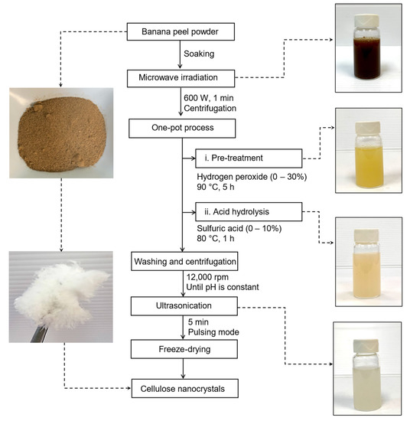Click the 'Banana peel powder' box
pos(183,32)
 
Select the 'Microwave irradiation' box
pos(183,77)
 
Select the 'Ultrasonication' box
pos(183,307)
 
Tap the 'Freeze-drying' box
pos(183,349)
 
